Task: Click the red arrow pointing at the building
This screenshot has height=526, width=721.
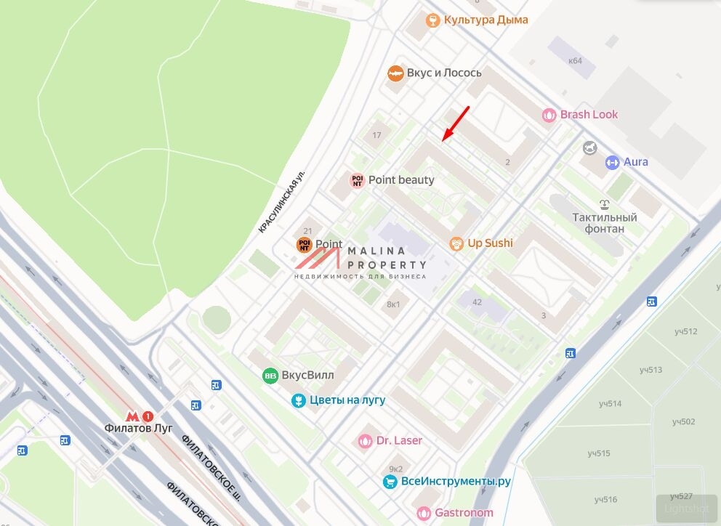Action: point(456,122)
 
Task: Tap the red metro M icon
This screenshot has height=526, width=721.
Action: point(132,416)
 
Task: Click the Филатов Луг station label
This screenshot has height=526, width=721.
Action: point(137,428)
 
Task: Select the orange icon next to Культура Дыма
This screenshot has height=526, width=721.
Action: point(432,20)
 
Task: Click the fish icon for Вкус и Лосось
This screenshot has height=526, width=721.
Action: point(395,73)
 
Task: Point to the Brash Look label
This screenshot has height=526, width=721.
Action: point(589,114)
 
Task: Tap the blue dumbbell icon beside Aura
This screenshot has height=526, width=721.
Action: point(612,162)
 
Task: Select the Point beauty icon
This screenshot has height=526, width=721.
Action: point(357,180)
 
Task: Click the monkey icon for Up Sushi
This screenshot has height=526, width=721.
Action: point(456,243)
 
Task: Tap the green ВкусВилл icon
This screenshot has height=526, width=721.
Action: point(270,376)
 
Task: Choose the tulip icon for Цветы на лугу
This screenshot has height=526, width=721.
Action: point(298,400)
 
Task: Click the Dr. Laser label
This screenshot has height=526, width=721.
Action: point(398,440)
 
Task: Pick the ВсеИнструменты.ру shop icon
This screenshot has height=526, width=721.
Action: point(390,482)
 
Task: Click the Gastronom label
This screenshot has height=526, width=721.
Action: point(464,512)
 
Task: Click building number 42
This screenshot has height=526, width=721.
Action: point(477,302)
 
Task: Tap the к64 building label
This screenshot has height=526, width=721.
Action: point(575,60)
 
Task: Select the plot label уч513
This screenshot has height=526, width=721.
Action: point(650,370)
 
